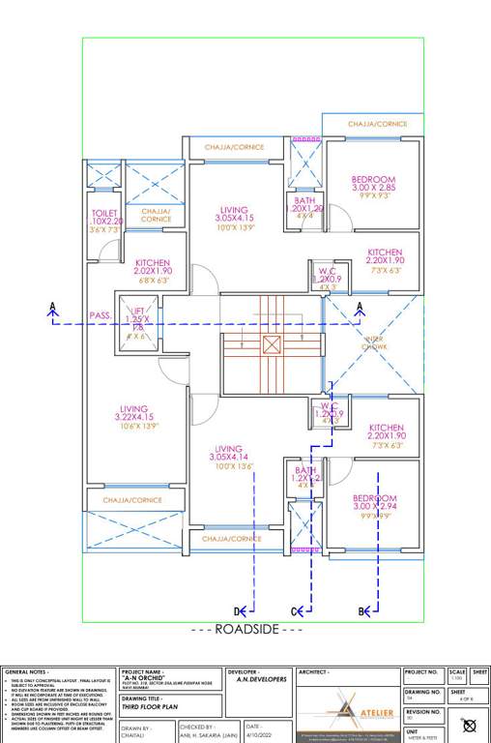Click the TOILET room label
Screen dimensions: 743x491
click(x=104, y=213)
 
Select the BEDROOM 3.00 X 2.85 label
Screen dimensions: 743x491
click(x=372, y=180)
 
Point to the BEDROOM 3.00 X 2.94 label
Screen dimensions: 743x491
click(x=374, y=498)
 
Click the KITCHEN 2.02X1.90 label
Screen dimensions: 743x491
click(x=153, y=263)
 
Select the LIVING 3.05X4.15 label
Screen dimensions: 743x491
click(x=234, y=210)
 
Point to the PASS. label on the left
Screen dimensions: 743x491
click(x=100, y=315)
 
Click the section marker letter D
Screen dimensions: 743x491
click(x=237, y=610)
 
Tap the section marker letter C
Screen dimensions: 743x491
click(x=295, y=610)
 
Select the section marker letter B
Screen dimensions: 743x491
click(x=362, y=610)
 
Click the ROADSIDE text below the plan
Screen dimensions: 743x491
click(x=245, y=629)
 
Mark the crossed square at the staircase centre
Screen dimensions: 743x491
click(x=272, y=343)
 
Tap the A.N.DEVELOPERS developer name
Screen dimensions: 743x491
click(x=262, y=679)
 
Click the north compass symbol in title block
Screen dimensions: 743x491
click(x=470, y=725)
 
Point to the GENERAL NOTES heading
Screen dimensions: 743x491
click(x=26, y=670)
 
